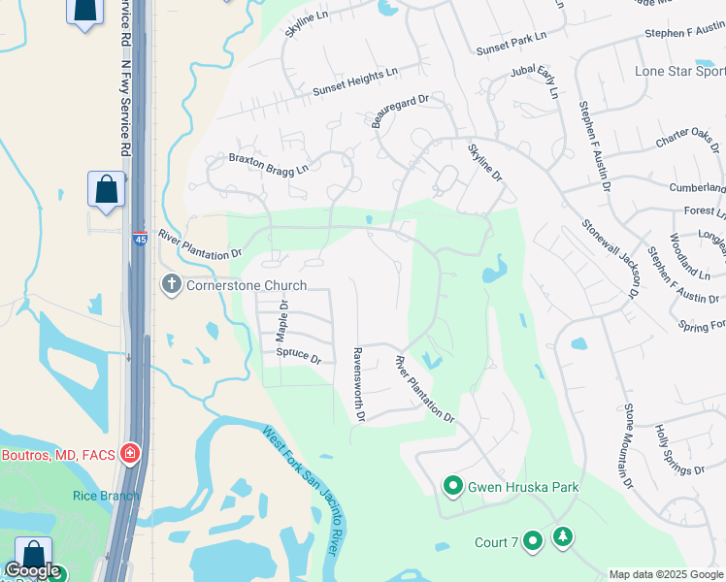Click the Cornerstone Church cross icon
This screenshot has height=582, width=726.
171,284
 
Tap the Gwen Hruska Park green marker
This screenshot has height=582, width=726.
452,486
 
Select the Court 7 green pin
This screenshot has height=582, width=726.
532,541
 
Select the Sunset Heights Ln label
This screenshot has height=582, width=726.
355,82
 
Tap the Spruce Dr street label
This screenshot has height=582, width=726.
298,356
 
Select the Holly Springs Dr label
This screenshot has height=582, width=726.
679,449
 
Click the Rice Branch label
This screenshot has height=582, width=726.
94,496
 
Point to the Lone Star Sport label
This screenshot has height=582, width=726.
679,71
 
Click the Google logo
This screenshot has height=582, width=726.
33,571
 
